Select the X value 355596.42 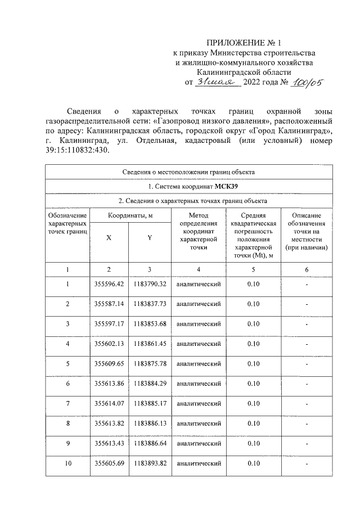(109, 284)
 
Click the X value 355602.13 (109, 344)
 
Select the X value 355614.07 (109, 403)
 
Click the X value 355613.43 (109, 443)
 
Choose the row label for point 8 (67, 424)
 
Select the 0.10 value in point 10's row (253, 463)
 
